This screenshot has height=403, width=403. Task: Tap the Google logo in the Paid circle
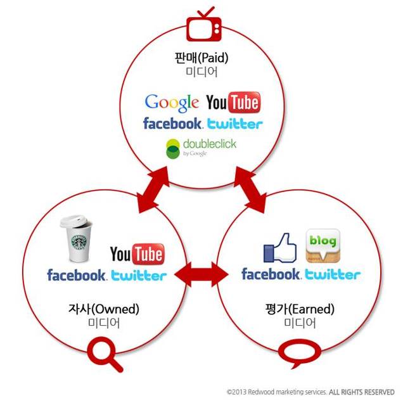(172, 103)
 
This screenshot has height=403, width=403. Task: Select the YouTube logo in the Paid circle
(233, 102)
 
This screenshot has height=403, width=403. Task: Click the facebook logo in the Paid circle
(173, 124)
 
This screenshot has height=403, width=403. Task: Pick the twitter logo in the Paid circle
(235, 124)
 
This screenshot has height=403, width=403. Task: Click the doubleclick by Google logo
(201, 148)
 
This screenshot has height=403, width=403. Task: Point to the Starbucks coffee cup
(76, 238)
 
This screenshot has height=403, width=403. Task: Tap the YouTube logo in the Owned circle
(138, 254)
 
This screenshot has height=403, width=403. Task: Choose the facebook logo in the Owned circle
(77, 275)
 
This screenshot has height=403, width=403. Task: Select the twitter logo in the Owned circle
(139, 276)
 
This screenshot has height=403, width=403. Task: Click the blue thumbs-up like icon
(280, 248)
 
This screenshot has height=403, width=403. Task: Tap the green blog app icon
(323, 246)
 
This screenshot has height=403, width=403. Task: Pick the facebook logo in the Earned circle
(271, 274)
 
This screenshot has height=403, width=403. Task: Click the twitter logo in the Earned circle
(333, 274)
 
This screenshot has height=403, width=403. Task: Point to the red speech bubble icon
(300, 352)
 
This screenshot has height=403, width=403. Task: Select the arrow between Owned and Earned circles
(201, 275)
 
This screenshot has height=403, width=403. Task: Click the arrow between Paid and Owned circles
(153, 189)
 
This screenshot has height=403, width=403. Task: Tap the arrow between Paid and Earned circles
(250, 189)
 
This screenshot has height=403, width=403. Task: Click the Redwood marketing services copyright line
(310, 392)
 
